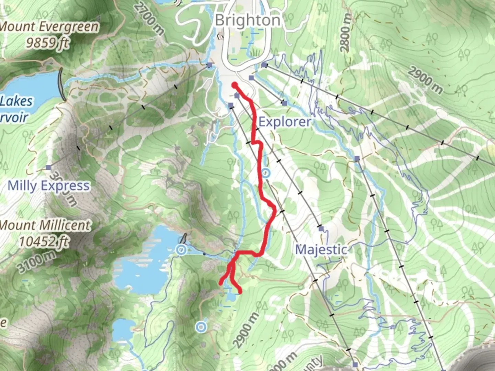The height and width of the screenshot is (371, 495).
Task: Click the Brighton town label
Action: click(247, 21)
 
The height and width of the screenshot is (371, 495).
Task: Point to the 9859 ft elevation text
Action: click(48, 43)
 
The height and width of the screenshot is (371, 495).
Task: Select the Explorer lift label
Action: click(285, 122)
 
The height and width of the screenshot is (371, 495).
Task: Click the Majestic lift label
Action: click(321, 249)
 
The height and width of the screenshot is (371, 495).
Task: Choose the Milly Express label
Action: click(48, 185)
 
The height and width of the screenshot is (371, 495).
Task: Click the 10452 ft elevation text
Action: click(44, 241)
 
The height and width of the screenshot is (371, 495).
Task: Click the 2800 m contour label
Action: click(346, 34)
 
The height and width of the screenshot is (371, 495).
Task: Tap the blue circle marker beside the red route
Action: click(265, 173)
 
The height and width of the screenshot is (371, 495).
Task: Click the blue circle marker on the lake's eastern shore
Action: click(181, 250)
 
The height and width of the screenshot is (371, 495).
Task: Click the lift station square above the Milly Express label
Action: click(48, 168)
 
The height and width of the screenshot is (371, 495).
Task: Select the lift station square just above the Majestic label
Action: click(321, 228)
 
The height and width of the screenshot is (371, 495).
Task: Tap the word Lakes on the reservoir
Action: click(16, 101)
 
